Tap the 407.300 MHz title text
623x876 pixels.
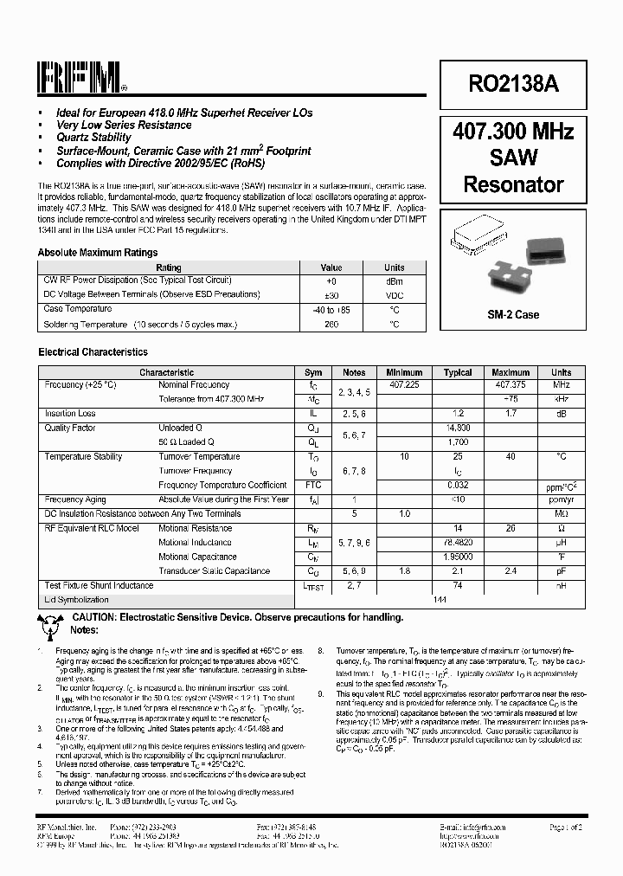click(513, 132)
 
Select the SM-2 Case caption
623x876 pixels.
click(513, 314)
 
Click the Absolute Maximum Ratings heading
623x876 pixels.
click(98, 253)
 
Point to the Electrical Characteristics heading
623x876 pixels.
click(93, 352)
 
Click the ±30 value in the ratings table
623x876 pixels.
click(331, 295)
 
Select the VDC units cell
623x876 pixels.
click(394, 295)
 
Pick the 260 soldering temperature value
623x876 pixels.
click(331, 325)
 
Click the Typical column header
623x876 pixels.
click(458, 372)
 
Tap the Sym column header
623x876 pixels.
click(313, 372)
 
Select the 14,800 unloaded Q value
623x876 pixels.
click(458, 428)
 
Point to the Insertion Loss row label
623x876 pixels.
click(70, 414)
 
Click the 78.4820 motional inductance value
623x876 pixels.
click(458, 543)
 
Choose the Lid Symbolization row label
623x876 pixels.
click(77, 599)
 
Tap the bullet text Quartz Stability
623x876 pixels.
click(93, 138)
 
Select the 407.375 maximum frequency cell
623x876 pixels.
click(511, 384)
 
